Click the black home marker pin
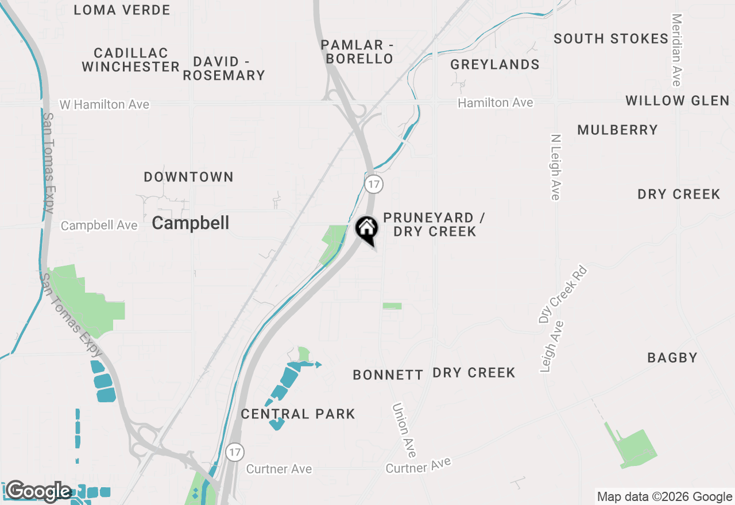click(x=367, y=230)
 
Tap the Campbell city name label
click(x=191, y=223)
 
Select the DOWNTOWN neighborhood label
click(x=188, y=177)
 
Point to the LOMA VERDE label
click(x=122, y=10)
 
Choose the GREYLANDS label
click(x=494, y=64)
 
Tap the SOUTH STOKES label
click(x=611, y=39)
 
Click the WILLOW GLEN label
click(x=677, y=101)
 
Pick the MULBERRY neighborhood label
click(x=617, y=130)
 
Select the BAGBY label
click(x=672, y=358)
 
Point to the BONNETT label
click(x=388, y=375)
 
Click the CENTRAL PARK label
click(x=298, y=414)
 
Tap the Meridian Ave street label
click(x=676, y=50)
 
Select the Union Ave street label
click(x=404, y=430)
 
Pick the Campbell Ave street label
click(x=99, y=226)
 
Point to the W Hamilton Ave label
click(x=105, y=104)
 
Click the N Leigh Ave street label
click(x=555, y=168)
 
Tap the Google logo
click(x=38, y=491)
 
